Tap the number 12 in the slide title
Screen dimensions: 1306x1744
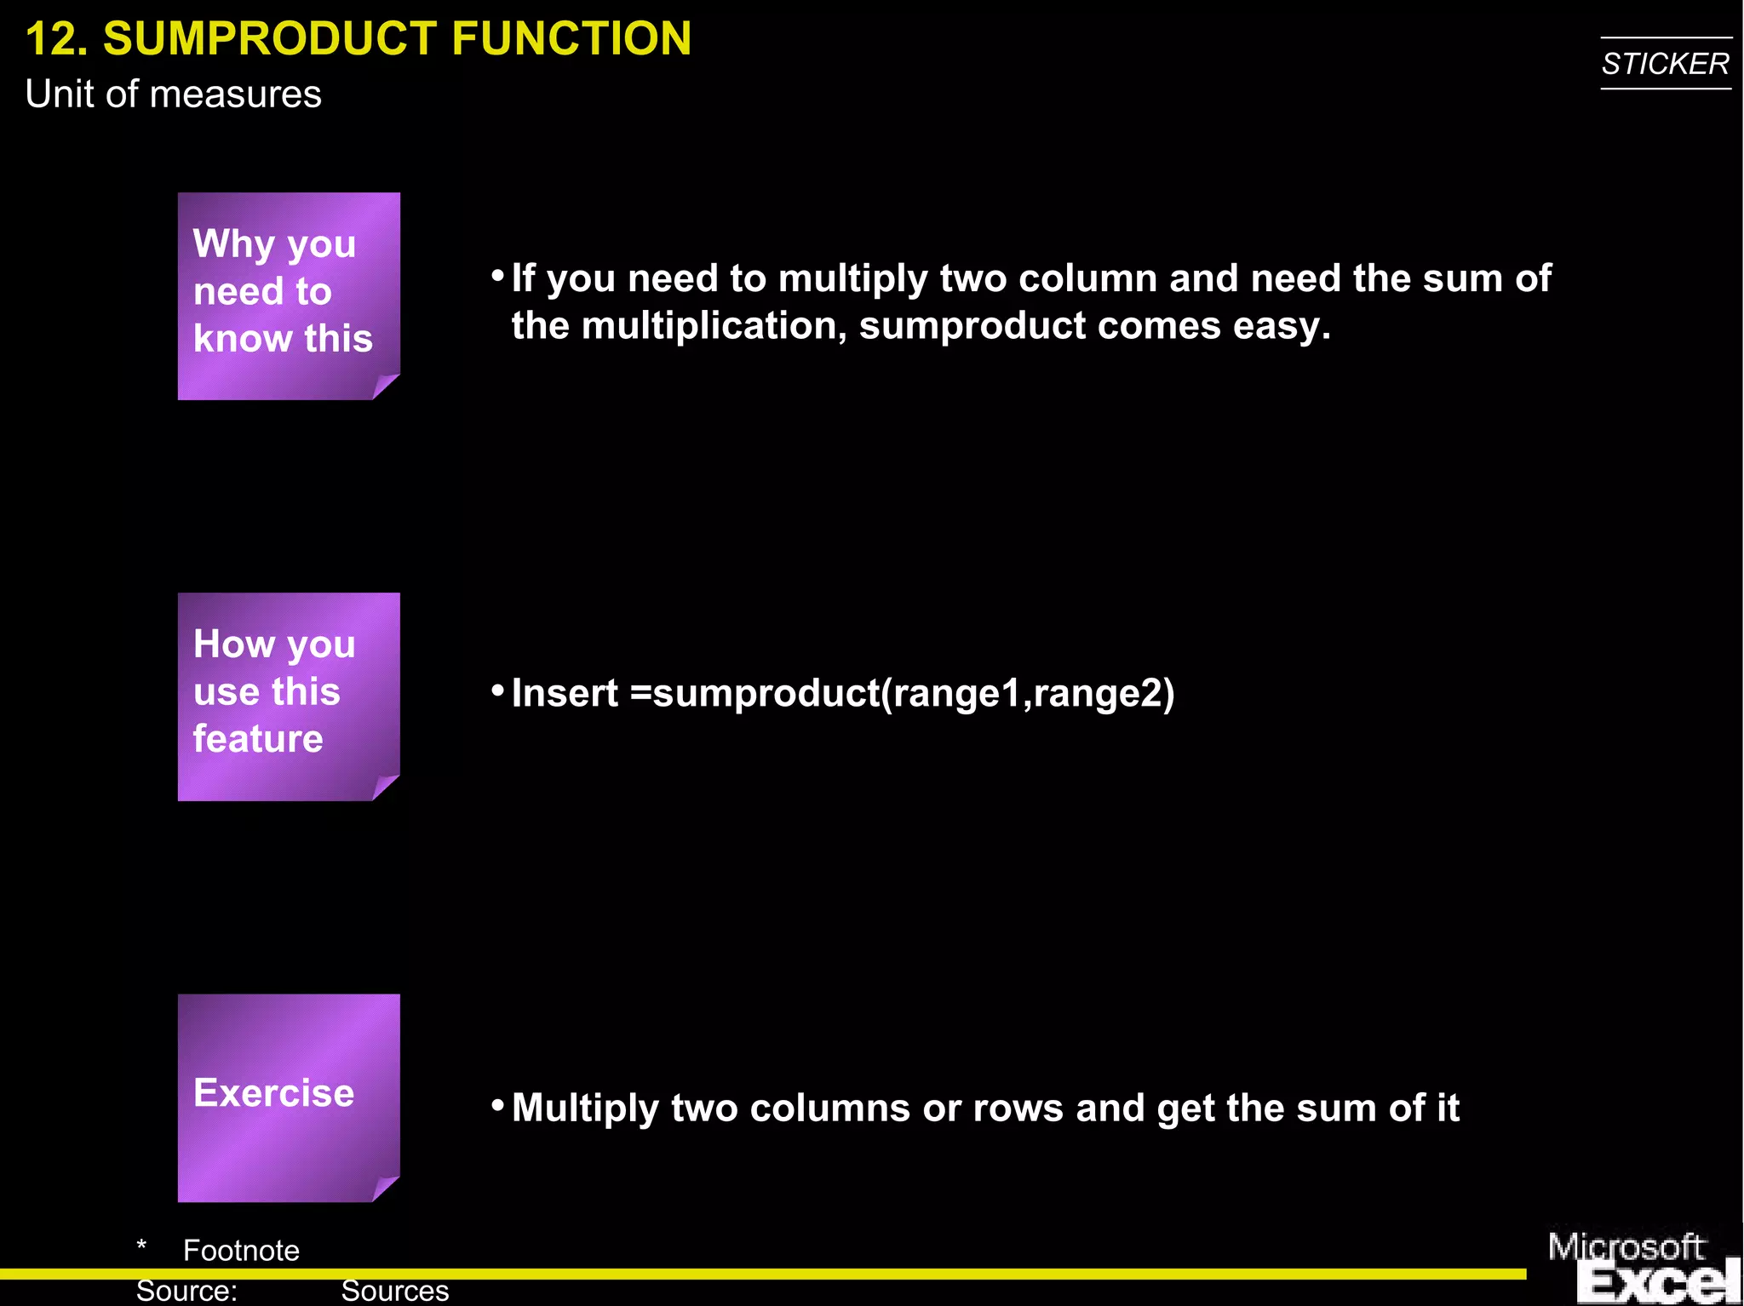(56, 39)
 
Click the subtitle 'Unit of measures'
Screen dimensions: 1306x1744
(173, 94)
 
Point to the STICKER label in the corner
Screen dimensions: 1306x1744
(1665, 64)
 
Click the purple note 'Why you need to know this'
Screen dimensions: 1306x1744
(288, 295)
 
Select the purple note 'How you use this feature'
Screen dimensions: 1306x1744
(288, 695)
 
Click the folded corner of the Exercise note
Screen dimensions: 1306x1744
(385, 1189)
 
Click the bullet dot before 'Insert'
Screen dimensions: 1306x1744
(498, 689)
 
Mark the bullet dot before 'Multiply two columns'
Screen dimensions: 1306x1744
(498, 1104)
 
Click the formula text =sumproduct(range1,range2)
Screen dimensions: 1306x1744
(903, 693)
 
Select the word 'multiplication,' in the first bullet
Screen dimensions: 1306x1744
(714, 326)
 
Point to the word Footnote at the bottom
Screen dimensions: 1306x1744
(241, 1250)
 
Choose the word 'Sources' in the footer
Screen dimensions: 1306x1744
(394, 1292)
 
